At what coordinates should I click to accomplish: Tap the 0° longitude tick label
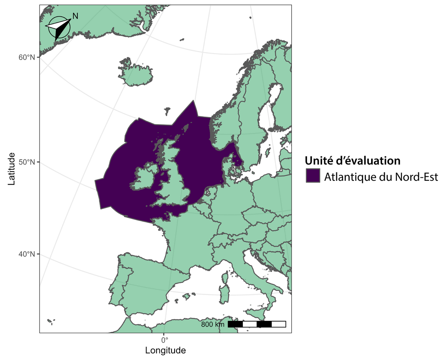pos(164,339)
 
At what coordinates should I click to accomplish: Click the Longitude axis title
pos(165,350)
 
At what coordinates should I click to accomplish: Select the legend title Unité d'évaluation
pos(353,161)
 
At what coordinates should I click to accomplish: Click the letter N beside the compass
pos(75,16)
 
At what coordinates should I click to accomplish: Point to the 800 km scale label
pos(213,324)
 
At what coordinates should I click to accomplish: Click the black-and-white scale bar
pos(257,324)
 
